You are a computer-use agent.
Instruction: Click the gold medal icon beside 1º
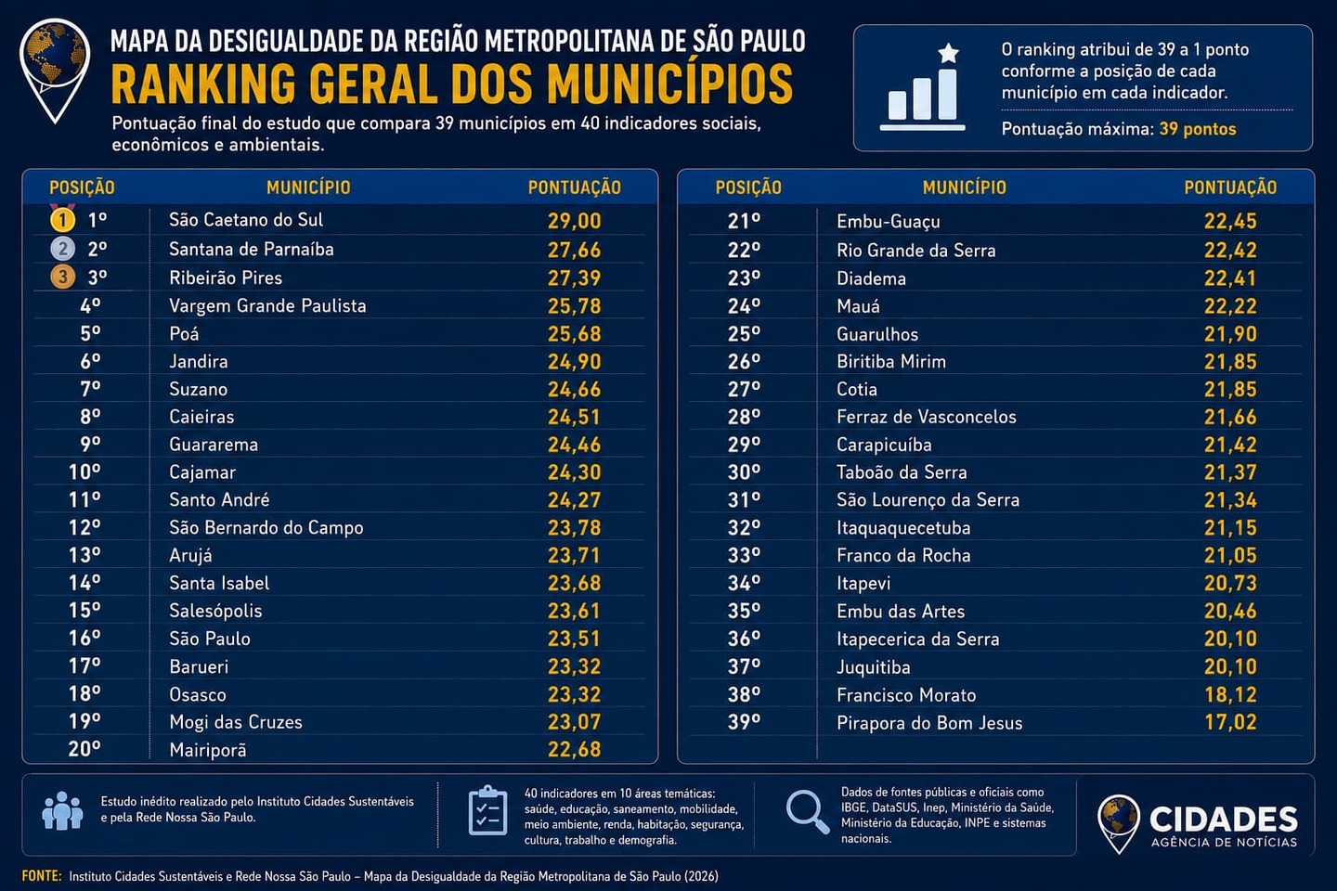(x=62, y=220)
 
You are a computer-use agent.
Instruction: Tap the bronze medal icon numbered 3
(x=63, y=278)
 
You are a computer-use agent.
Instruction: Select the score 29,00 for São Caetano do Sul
(x=574, y=221)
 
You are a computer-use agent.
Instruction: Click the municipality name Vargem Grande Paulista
(x=267, y=305)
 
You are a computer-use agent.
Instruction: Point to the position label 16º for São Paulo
(x=84, y=639)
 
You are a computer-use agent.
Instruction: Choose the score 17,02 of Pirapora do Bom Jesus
(x=1230, y=723)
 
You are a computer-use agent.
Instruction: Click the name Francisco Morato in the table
(x=906, y=695)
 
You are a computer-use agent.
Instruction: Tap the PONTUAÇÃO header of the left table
(x=574, y=187)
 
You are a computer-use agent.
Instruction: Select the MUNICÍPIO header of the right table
(x=965, y=187)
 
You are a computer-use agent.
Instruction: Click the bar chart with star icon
(x=923, y=87)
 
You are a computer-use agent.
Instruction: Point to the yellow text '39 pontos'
(x=1198, y=129)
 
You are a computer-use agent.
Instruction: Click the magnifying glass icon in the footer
(x=808, y=811)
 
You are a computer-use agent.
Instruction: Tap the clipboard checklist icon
(x=488, y=810)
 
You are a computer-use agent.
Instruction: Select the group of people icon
(x=63, y=810)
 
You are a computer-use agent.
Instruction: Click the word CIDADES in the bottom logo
(x=1224, y=820)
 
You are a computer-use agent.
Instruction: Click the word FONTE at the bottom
(x=42, y=876)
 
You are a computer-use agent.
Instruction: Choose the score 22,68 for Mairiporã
(x=574, y=750)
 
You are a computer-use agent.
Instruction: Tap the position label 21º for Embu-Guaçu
(x=744, y=222)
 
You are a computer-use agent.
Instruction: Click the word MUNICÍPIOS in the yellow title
(x=670, y=84)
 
